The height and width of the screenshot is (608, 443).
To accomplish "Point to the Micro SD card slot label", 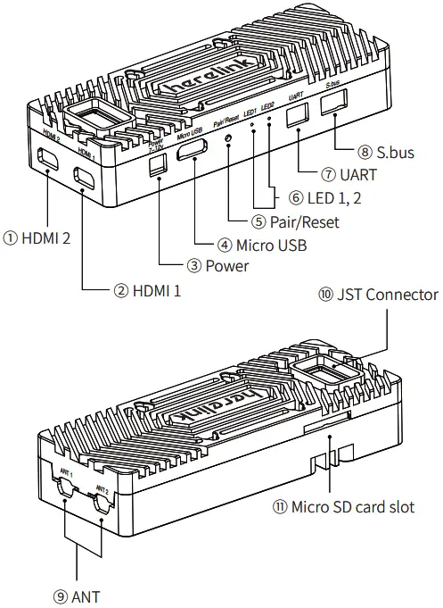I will [343, 507].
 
